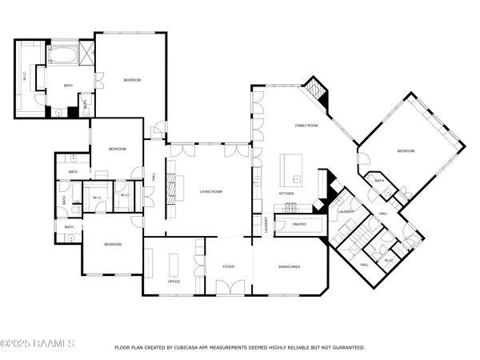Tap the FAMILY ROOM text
point(306,126)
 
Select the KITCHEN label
point(286,194)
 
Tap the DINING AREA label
point(289,266)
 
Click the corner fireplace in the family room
point(319,92)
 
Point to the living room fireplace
point(169,192)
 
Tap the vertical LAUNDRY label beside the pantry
point(266,226)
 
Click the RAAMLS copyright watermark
point(38,345)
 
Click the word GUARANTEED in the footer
point(347,348)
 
